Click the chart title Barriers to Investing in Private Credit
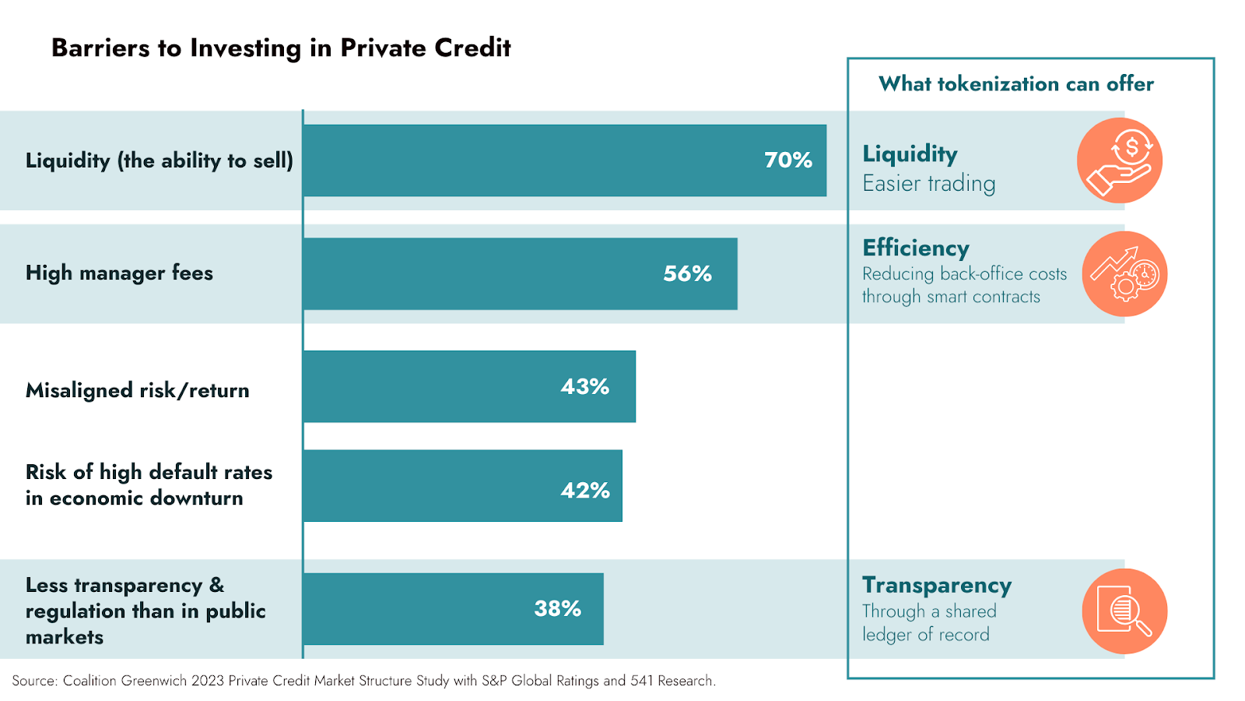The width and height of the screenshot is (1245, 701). coord(281,48)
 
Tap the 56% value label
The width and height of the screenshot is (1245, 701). coord(687,273)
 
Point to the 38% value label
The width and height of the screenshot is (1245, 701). coord(557,608)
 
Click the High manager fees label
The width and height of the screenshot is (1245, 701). coord(119,273)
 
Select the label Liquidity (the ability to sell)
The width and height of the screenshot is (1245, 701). coord(160,160)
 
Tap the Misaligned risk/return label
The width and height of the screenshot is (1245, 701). coord(138,390)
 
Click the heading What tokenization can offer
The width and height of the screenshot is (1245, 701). coord(1015,84)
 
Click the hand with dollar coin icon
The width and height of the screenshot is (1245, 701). coord(1119,160)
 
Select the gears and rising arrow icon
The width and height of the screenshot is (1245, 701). coord(1124,274)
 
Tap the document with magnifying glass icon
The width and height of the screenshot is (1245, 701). coord(1124,611)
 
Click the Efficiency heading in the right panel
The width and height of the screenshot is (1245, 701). coord(916,248)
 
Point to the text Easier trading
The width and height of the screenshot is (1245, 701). coord(928,184)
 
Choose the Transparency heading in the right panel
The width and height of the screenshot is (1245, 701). coord(937,585)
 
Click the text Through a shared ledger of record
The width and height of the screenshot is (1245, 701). coord(928,623)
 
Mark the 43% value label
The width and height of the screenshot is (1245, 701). coord(584,386)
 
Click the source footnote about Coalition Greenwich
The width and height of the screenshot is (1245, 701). coord(363,681)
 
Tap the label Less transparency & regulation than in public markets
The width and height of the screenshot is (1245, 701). coord(146,611)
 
